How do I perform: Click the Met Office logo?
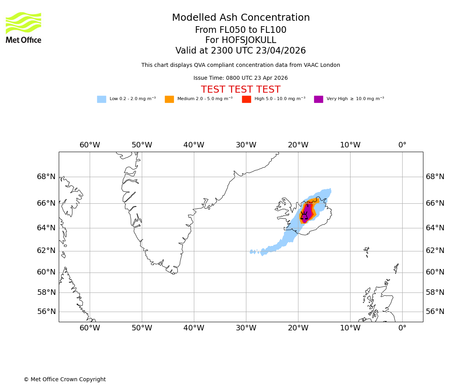pos(23,27)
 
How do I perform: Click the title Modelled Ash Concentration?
pos(241,18)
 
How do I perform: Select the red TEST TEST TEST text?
pos(240,90)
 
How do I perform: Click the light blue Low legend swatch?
pos(101,99)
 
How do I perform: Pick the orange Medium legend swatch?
pos(169,99)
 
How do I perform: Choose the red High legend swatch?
pos(246,99)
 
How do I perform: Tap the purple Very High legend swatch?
pos(318,99)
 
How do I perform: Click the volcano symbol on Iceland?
pos(304,215)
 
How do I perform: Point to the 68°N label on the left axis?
pos(46,177)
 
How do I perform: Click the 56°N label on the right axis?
pos(435,312)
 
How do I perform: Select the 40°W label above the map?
pos(194,145)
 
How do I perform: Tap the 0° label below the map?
pos(402,328)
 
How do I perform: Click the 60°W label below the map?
pos(90,328)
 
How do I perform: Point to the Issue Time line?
pos(240,78)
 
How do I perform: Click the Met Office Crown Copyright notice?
pos(65,380)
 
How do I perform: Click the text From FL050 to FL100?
pos(240,30)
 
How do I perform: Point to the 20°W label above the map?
pos(298,145)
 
